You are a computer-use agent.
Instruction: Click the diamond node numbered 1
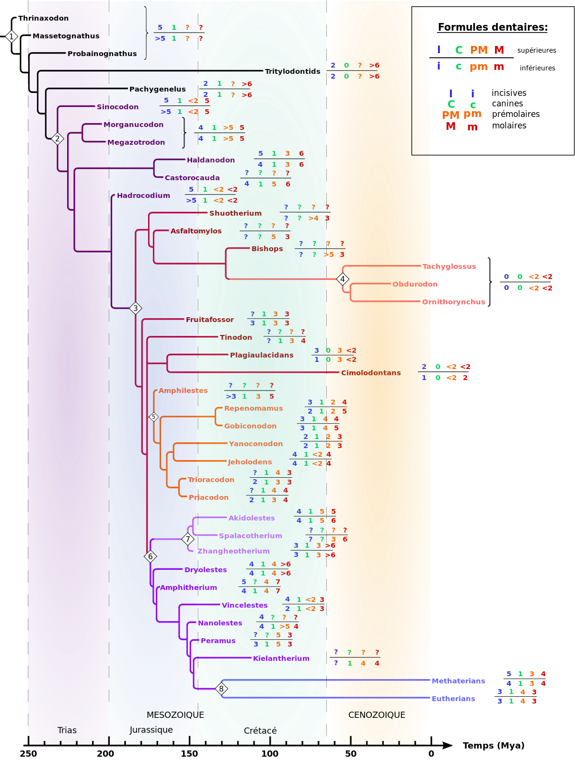click(x=11, y=36)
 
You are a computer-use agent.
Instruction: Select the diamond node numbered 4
click(x=343, y=279)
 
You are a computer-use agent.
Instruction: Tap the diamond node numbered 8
click(x=221, y=689)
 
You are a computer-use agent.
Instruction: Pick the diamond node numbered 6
click(x=150, y=556)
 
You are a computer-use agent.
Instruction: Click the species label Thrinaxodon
click(x=43, y=18)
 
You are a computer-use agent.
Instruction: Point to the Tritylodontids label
click(x=292, y=71)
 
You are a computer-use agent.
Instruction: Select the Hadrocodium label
click(x=143, y=196)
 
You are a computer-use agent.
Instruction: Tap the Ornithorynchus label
click(x=453, y=302)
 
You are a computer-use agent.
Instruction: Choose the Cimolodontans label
click(x=371, y=373)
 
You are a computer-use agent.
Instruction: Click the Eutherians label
click(x=453, y=699)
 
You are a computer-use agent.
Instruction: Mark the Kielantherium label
click(x=281, y=658)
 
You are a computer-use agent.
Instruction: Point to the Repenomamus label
click(x=253, y=408)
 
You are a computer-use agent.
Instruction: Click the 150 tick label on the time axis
click(x=189, y=754)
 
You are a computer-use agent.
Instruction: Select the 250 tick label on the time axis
click(x=28, y=754)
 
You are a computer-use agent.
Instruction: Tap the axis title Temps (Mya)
click(x=494, y=745)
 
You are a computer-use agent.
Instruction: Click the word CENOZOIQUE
click(x=377, y=715)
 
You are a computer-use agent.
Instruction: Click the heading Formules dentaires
click(x=493, y=27)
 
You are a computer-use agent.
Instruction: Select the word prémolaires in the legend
click(x=516, y=115)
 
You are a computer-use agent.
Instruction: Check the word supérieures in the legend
click(x=537, y=51)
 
